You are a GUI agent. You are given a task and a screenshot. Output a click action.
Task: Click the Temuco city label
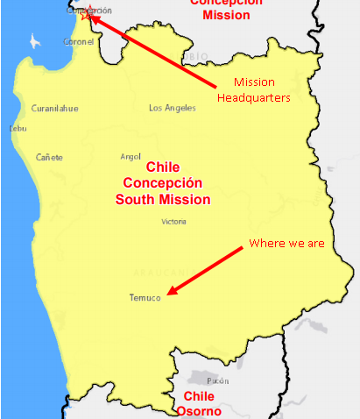point(145,298)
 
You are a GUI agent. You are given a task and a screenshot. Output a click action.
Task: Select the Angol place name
point(130,157)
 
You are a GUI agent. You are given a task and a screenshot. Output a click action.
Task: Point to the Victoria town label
point(173,222)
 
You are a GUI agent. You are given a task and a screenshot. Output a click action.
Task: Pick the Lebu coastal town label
point(18,128)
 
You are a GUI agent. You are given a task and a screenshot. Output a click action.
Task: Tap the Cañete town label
point(49,157)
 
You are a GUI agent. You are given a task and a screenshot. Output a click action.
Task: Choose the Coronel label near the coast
point(79,41)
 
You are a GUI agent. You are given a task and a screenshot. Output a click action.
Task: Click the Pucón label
point(218,381)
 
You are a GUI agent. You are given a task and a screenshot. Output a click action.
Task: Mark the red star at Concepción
point(87,13)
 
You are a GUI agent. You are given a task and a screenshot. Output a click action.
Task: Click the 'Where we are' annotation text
point(286,243)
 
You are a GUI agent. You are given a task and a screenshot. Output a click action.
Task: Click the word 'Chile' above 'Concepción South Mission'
point(162,167)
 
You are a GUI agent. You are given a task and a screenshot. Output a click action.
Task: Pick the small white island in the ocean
point(35,41)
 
